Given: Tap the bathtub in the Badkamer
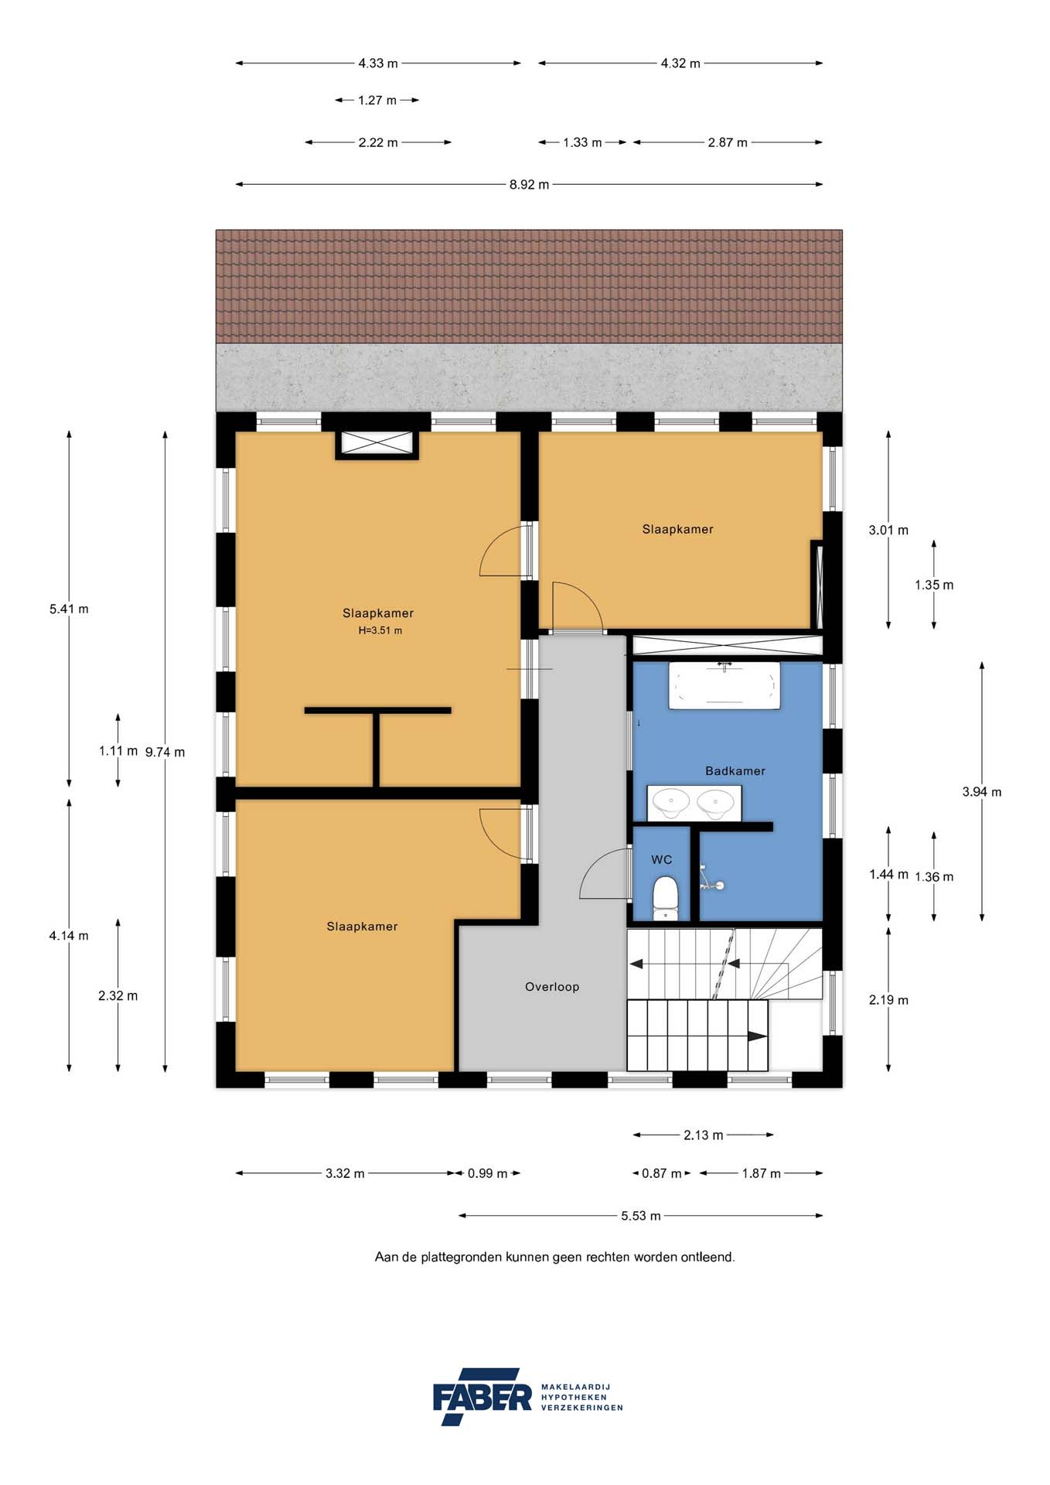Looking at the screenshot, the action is click(724, 685).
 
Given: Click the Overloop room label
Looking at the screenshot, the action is click(551, 987).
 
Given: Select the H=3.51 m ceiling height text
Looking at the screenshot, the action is click(380, 630).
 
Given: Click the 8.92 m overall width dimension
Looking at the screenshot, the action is click(529, 185).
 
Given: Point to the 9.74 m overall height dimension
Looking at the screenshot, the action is click(165, 752).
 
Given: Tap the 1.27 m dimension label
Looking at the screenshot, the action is click(377, 101).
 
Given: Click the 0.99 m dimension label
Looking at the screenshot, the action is click(487, 1173).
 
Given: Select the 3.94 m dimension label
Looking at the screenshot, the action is click(981, 792).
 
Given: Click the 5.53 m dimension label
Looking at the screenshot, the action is click(640, 1216).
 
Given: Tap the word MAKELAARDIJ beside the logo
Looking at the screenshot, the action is click(575, 1387).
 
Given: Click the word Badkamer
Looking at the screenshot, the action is click(735, 771).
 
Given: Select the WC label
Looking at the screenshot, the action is click(661, 860).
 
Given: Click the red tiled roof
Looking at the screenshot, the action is click(529, 286).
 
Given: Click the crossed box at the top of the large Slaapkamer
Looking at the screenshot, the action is click(377, 445).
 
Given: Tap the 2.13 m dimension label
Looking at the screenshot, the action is click(703, 1135).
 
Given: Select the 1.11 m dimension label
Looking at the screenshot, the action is click(118, 751).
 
